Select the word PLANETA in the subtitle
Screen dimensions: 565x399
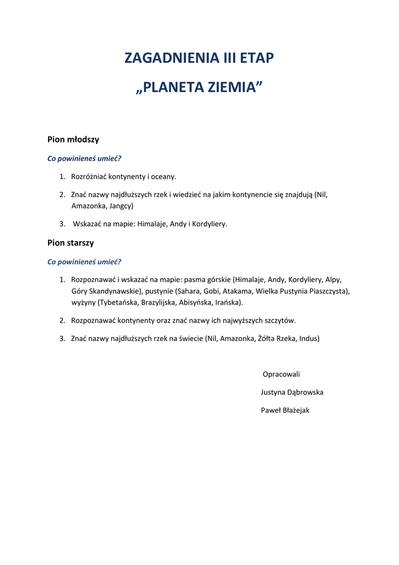(x=168, y=88)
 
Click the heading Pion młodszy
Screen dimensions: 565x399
(x=73, y=140)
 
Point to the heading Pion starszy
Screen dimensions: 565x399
(x=71, y=243)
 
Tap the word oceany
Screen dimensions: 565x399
(x=163, y=177)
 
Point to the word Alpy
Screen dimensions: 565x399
(x=333, y=279)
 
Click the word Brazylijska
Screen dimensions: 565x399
(x=159, y=302)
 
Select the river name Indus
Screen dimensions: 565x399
(x=309, y=338)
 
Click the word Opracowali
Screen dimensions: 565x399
(x=282, y=374)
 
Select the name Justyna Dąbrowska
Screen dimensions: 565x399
(x=292, y=392)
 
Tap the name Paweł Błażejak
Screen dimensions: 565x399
(x=285, y=410)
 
